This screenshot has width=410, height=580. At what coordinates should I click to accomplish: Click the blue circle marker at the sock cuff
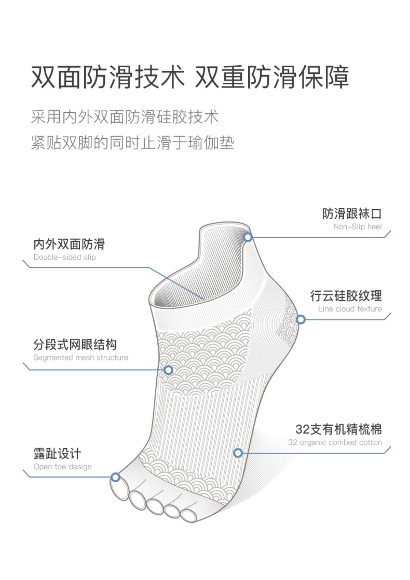(248, 237)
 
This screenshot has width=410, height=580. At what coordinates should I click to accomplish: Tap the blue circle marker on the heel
(301, 319)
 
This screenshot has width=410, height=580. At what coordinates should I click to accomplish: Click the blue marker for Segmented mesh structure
(168, 370)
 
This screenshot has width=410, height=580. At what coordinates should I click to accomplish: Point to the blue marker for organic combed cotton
(238, 453)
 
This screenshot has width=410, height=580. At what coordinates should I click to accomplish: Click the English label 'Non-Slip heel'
(357, 227)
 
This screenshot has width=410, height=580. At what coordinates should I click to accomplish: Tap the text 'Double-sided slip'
(65, 257)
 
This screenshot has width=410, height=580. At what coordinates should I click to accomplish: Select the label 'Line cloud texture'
(350, 309)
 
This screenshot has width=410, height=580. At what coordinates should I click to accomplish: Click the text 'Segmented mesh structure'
(81, 357)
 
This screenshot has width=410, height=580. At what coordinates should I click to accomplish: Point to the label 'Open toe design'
(63, 467)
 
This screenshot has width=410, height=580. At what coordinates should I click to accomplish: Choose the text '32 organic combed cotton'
(335, 442)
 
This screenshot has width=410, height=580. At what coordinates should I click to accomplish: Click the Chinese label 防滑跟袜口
(352, 214)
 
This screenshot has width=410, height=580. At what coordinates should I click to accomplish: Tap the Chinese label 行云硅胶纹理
(346, 296)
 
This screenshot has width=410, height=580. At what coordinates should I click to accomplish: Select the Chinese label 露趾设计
(57, 454)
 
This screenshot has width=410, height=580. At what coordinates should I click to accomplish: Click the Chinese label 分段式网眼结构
(75, 344)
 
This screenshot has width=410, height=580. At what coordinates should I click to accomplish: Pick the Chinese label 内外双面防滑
(69, 244)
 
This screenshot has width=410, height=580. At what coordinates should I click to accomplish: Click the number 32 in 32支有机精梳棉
(302, 429)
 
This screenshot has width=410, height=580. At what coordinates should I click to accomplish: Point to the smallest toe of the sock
(189, 516)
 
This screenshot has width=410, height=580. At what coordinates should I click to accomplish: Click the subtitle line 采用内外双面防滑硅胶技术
(125, 117)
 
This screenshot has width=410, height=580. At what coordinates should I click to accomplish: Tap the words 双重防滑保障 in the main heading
(272, 77)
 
